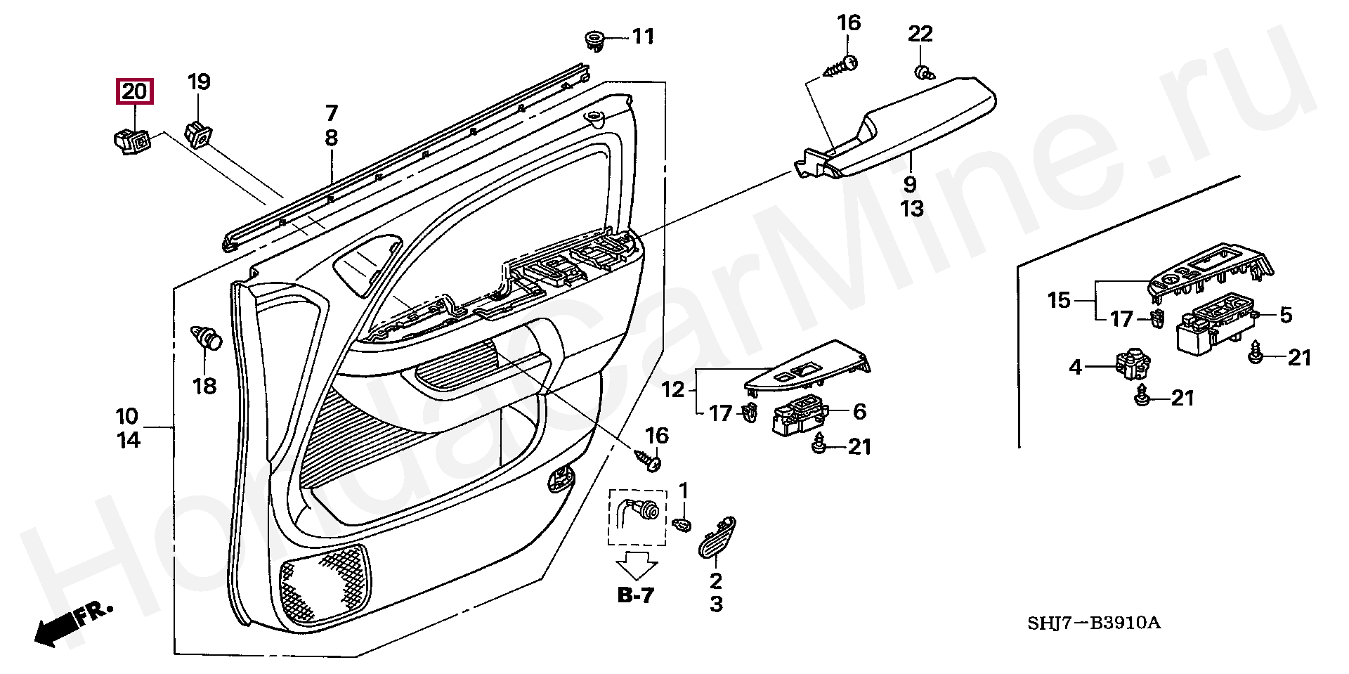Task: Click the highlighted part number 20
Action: coord(134,91)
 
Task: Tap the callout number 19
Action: coord(199,82)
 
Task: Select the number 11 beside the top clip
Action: coord(643,37)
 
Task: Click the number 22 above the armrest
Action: coord(920,34)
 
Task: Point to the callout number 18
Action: coord(204,386)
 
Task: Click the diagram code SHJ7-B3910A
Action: coord(1094,623)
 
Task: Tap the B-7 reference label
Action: coord(636,595)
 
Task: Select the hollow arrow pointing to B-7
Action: coord(637,565)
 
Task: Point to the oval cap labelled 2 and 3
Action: coord(717,538)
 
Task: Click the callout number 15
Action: coord(1058,301)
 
